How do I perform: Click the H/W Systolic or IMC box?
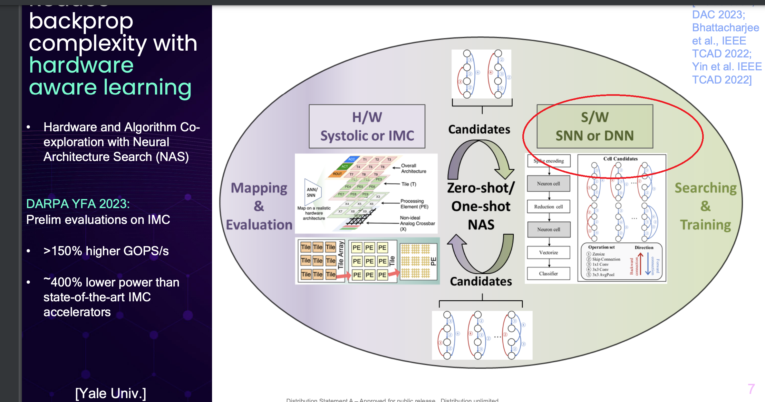pos(367,126)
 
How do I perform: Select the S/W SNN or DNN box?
pos(595,126)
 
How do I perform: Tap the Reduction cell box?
pos(548,206)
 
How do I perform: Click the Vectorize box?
pos(548,252)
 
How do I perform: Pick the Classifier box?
pos(548,274)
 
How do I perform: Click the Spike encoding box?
pos(549,161)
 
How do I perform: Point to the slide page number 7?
pos(751,389)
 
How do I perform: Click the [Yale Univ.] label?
pos(111,393)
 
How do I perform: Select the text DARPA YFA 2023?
pos(78,204)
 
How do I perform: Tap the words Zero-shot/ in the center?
pos(481,188)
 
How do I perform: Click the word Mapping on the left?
pos(259,188)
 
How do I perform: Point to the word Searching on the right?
pos(705,188)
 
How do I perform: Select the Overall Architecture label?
pos(413,168)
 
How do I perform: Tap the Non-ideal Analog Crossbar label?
pos(417,223)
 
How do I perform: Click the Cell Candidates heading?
pos(620,159)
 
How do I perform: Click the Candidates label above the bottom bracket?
pos(481,281)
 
